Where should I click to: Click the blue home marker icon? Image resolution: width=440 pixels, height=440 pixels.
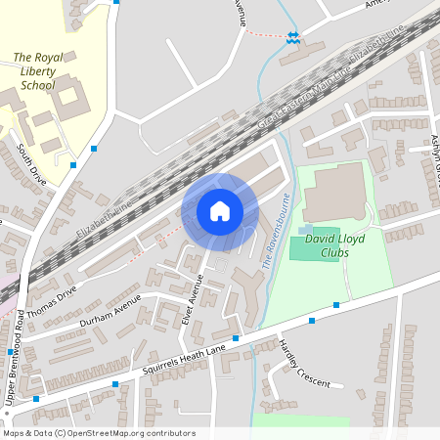220,210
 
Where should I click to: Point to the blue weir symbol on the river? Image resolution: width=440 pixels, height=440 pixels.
292,37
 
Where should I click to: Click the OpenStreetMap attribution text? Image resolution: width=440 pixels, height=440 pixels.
98,433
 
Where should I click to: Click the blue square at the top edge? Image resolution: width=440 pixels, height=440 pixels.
117,2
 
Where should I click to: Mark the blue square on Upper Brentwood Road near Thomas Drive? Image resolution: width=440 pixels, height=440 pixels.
11,352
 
